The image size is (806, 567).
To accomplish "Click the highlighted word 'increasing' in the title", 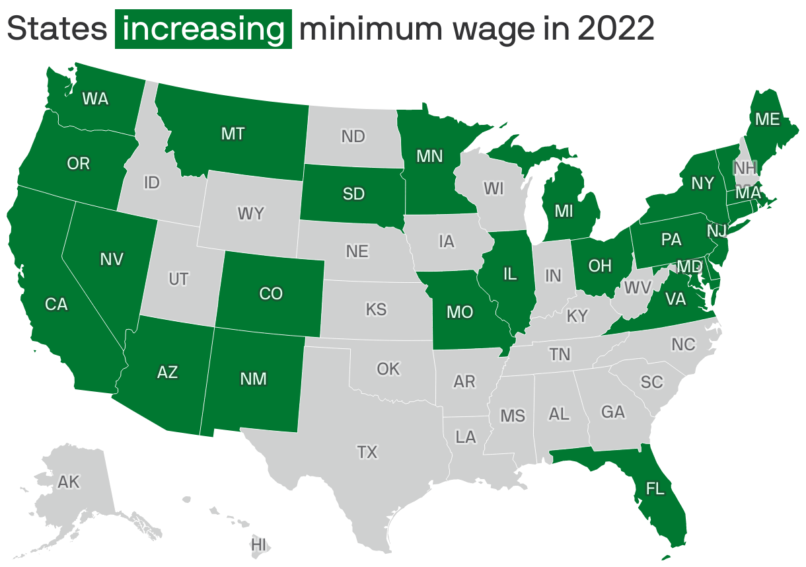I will tap(203, 29).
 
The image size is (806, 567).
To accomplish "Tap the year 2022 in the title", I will tap(615, 29).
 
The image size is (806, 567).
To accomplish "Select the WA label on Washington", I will tap(95, 99).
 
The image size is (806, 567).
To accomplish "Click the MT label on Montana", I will tap(233, 134).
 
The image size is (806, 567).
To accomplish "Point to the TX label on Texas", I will tap(367, 452).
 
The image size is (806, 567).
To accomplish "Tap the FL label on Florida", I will tap(655, 489).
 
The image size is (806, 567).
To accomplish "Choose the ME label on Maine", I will tap(768, 119).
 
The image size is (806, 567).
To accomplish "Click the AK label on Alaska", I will tap(69, 482).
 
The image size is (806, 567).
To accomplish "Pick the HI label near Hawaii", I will tap(258, 545).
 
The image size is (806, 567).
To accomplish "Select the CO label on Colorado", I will tap(271, 293).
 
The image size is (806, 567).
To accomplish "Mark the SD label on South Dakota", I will tap(353, 194).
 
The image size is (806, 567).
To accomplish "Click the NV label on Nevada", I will tap(112, 260).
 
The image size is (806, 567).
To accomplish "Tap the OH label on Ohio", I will tap(600, 266).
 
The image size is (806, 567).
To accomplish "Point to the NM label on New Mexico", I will tap(253, 379).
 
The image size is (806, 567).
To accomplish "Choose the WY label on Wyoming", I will tap(250, 213).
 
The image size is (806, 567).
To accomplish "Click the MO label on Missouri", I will tap(460, 312).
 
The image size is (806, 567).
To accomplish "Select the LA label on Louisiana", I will tap(465, 437).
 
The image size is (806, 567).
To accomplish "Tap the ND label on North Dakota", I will tap(353, 137).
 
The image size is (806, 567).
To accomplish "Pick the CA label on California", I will tap(56, 304).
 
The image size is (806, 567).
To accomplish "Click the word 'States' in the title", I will tap(57, 29).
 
